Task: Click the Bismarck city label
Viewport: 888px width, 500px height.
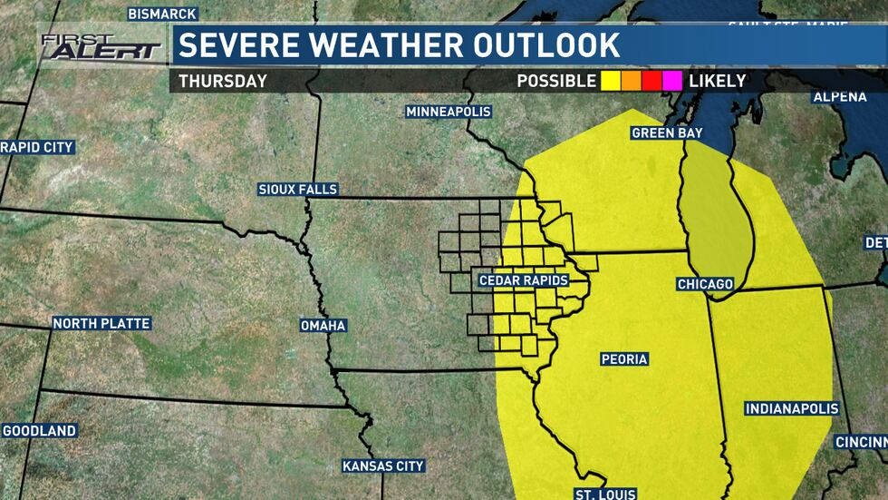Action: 161,14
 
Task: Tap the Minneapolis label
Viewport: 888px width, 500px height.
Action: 449,112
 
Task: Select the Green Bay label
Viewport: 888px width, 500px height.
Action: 667,133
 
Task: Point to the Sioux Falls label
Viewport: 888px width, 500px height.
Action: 297,190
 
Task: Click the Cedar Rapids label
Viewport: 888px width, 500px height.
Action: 524,280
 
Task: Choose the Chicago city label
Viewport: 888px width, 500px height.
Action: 705,285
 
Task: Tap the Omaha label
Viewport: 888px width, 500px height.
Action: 323,326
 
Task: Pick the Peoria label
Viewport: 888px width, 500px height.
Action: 624,359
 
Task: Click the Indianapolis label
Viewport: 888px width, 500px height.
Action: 791,409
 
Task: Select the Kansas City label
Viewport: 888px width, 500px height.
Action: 383,466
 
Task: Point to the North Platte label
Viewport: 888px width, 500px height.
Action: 101,323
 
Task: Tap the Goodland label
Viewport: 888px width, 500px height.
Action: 39,431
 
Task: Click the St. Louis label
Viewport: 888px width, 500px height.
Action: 604,494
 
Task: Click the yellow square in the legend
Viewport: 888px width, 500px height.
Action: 611,81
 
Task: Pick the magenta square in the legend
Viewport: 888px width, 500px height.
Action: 672,81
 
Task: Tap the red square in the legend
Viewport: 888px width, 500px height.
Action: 652,81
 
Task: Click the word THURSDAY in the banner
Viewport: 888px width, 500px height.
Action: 223,81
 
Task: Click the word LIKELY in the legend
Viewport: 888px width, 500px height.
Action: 717,81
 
